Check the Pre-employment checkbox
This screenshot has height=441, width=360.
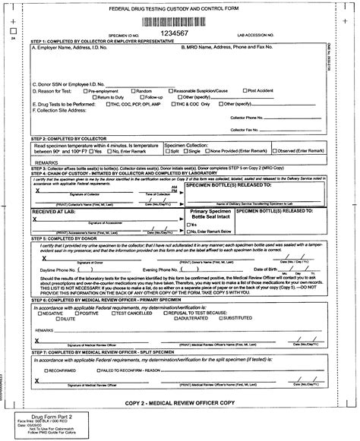(88, 91)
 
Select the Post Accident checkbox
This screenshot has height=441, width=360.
(245, 91)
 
